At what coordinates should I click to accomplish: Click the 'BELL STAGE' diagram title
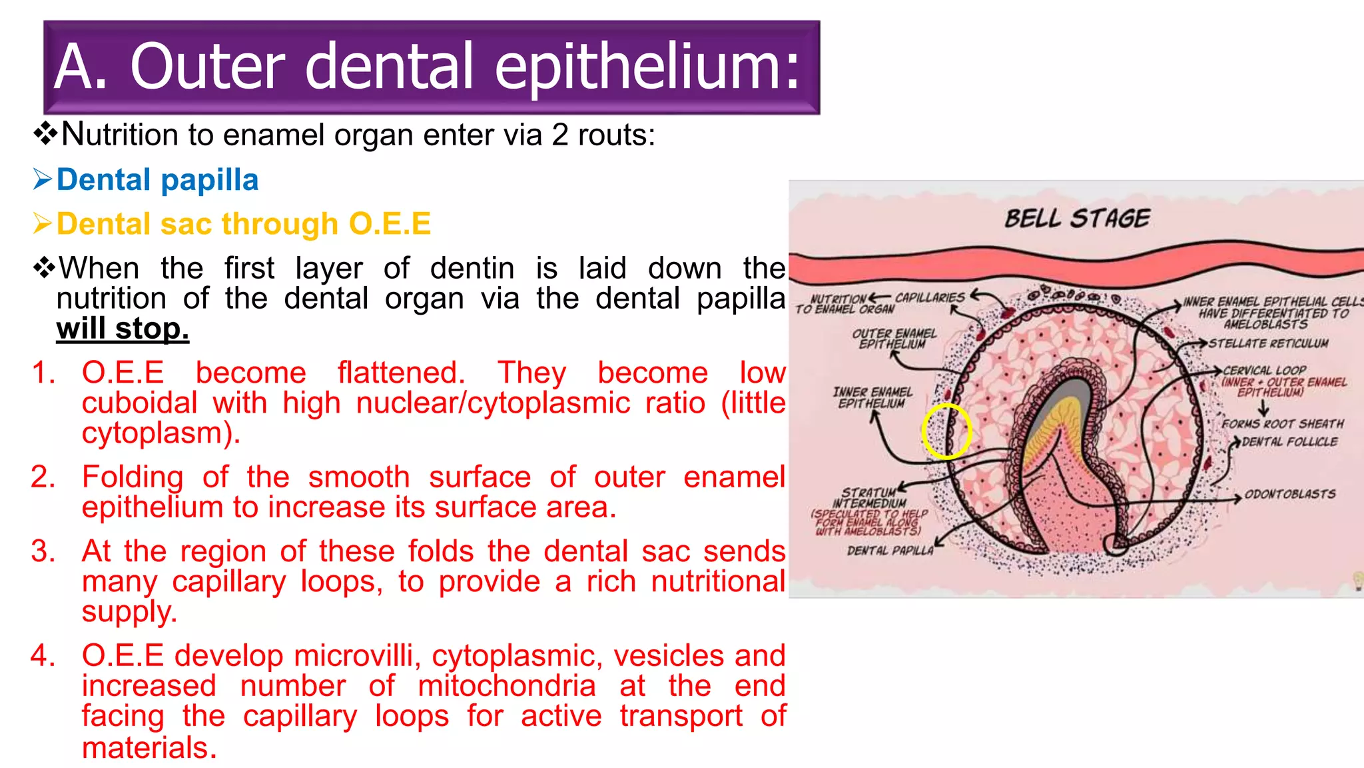[x=1077, y=219]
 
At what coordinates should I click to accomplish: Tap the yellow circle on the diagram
[x=946, y=431]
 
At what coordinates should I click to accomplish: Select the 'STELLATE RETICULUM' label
[x=1268, y=343]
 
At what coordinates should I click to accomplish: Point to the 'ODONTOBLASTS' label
[x=1289, y=494]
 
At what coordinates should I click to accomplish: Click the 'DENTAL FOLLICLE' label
[x=1289, y=442]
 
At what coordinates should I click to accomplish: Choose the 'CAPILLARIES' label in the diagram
[x=929, y=297]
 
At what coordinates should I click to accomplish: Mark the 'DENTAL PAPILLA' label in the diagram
[x=890, y=551]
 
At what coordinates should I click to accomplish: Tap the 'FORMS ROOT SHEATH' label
[x=1282, y=424]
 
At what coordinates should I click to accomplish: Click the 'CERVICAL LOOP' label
[x=1265, y=370]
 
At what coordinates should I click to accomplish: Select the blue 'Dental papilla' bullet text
[x=157, y=180]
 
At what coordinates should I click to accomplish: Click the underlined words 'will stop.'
[x=123, y=329]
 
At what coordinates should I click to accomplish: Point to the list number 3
[x=43, y=551]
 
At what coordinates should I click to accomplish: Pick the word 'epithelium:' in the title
[x=647, y=67]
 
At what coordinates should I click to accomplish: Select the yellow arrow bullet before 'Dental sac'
[x=42, y=224]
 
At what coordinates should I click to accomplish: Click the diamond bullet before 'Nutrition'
[x=45, y=135]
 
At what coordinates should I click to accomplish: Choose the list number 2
[x=43, y=477]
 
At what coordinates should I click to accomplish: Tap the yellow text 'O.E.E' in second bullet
[x=390, y=224]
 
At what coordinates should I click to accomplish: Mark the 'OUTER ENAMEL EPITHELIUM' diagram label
[x=894, y=338]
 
